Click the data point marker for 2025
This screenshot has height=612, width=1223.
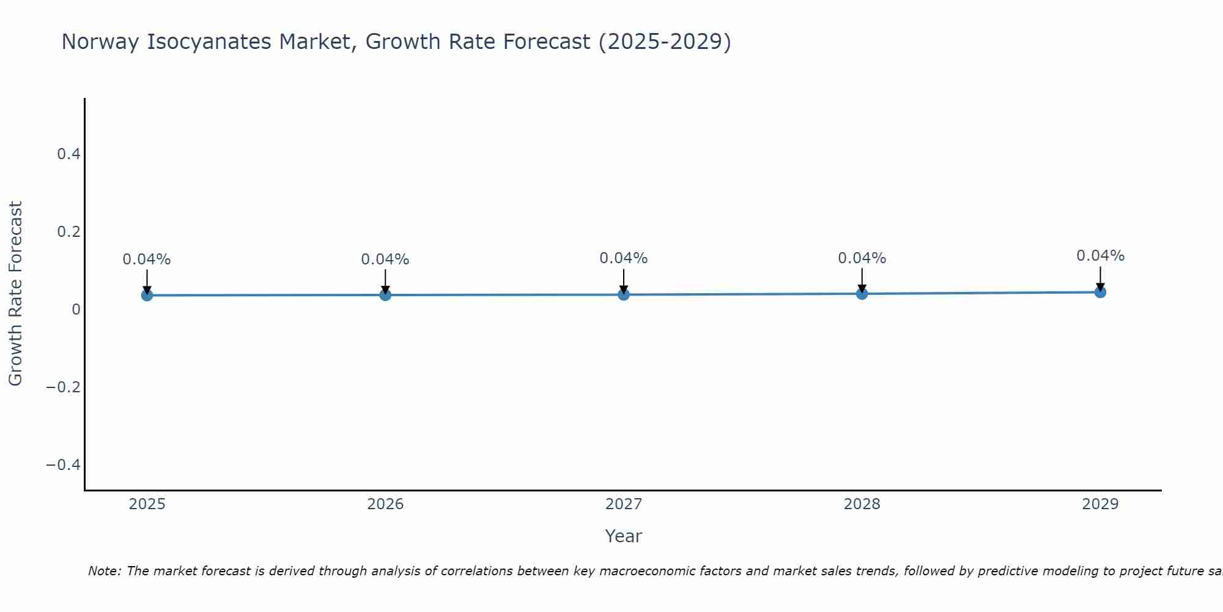coord(147,296)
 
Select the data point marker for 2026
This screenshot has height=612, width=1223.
coord(385,295)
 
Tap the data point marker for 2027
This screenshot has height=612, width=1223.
coord(624,295)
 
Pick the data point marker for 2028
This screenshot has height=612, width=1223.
coord(862,294)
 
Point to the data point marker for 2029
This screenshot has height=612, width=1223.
coord(1100,292)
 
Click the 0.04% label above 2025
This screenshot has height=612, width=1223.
coord(147,259)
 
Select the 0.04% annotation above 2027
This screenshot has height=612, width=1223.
coord(624,258)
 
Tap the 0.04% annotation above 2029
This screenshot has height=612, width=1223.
coord(1100,256)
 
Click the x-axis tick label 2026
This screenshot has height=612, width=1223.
coord(385,504)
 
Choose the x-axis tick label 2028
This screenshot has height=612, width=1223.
coord(862,504)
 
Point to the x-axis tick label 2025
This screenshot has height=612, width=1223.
coord(147,504)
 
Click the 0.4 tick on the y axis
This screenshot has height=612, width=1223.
coord(69,154)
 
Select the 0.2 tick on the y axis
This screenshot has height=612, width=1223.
coord(69,232)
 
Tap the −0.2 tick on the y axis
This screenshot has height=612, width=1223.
coord(64,387)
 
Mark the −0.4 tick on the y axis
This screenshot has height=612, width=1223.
coord(64,465)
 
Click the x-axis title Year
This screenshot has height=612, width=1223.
coord(624,537)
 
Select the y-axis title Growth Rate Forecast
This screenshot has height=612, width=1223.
coord(15,294)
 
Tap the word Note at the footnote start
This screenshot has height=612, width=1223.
coord(105,572)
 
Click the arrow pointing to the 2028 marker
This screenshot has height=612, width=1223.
coord(862,280)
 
